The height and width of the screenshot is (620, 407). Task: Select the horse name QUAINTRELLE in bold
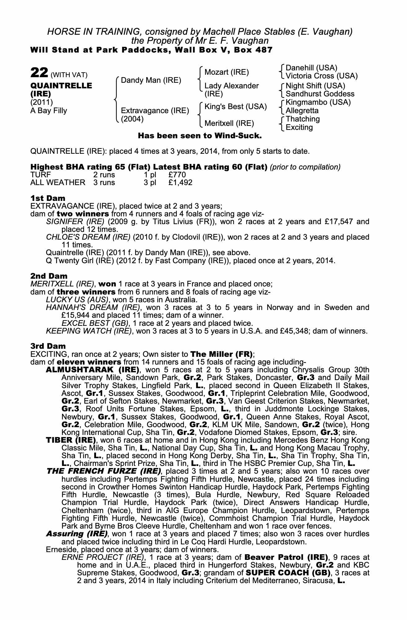pos(61,86)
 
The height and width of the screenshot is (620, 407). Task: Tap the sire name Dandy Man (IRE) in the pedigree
pos(151,80)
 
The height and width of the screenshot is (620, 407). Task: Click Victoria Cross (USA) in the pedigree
pos(322,76)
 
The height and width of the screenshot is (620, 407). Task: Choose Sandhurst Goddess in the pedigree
pos(320,94)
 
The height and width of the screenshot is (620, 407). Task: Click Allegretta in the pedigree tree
pos(302,111)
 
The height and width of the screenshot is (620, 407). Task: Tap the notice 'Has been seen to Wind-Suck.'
pos(200,136)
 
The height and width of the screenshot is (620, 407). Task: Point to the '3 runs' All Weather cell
pos(104,183)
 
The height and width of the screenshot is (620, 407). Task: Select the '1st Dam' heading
pos(48,198)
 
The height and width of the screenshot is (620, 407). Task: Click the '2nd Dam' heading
pos(49,276)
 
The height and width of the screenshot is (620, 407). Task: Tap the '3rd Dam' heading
pos(48,346)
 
